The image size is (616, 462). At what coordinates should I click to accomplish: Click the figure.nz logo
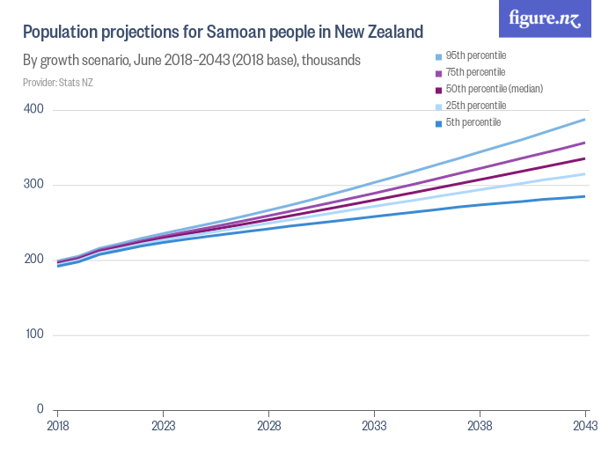pyautogui.click(x=545, y=19)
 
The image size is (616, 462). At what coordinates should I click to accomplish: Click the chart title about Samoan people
pyautogui.click(x=224, y=33)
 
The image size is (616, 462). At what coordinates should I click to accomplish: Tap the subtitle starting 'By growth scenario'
pyautogui.click(x=192, y=61)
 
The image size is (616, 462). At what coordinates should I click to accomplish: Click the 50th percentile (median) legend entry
pyautogui.click(x=489, y=89)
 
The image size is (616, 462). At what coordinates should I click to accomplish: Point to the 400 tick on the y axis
pyautogui.click(x=34, y=109)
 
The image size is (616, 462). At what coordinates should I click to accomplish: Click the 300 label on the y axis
pyautogui.click(x=34, y=185)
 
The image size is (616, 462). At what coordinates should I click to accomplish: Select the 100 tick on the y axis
pyautogui.click(x=34, y=334)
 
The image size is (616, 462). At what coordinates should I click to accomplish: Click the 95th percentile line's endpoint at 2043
pyautogui.click(x=585, y=120)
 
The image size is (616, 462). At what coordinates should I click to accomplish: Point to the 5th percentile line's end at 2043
pyautogui.click(x=585, y=196)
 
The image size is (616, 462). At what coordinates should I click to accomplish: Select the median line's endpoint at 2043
pyautogui.click(x=585, y=158)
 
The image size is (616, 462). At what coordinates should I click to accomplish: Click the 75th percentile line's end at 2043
pyautogui.click(x=585, y=143)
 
